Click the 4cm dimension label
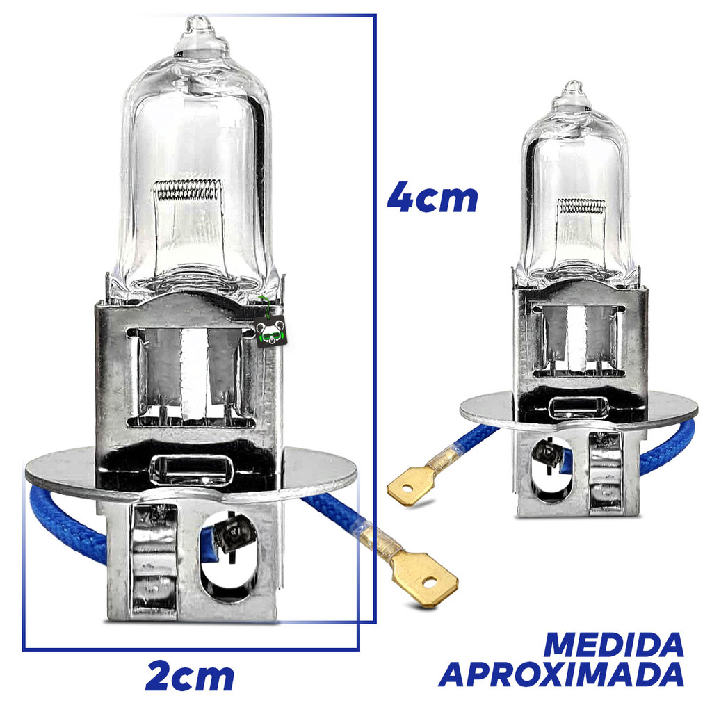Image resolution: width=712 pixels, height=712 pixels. click(432, 197)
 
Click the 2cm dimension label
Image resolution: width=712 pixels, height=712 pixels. click(190, 677)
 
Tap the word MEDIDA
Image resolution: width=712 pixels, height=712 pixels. click(613, 645)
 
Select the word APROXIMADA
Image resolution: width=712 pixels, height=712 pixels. click(561, 674)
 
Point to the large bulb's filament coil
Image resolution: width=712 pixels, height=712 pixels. click(186, 190)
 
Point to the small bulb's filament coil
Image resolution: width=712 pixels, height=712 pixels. click(582, 207)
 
